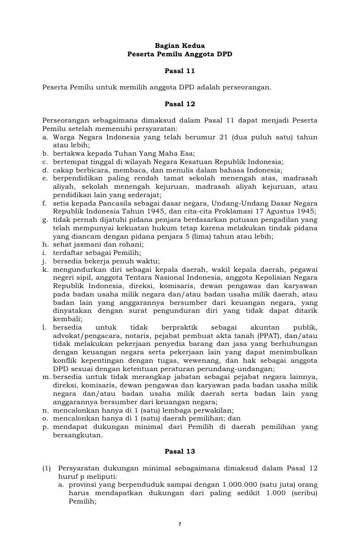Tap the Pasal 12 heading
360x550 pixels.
tap(180, 104)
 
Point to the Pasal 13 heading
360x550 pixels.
tap(180, 451)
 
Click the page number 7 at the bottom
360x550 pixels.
tap(180, 524)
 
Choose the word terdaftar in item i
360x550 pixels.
tap(66, 252)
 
